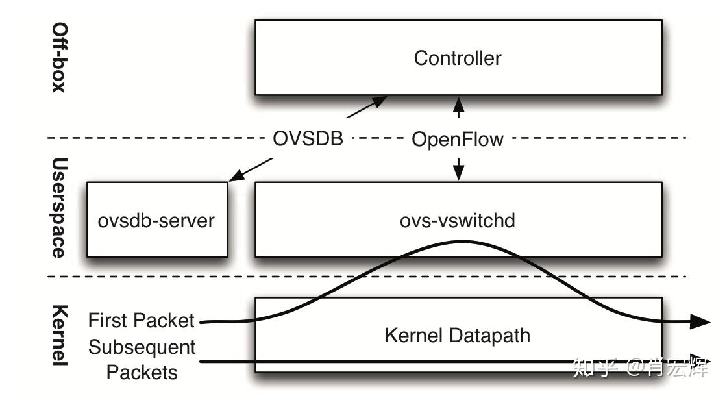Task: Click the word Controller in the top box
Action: tap(458, 58)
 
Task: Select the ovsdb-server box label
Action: tap(156, 220)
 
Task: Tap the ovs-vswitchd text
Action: tap(458, 220)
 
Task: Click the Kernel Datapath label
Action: tap(458, 336)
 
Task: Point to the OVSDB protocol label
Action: tap(308, 139)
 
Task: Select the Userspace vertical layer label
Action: tap(59, 208)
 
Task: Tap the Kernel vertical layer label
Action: tap(59, 334)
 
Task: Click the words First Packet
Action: tap(141, 321)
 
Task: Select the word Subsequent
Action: tap(142, 347)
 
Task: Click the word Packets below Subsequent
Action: tap(142, 372)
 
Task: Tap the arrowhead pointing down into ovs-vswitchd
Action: tap(459, 173)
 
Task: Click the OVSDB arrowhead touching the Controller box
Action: tap(379, 101)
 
